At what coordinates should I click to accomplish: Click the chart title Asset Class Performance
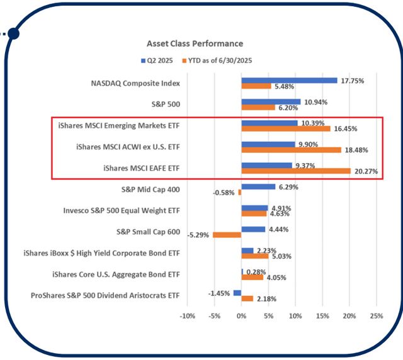coord(195,43)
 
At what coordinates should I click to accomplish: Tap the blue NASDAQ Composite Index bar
coord(289,80)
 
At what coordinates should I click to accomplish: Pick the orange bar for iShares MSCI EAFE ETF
coord(296,171)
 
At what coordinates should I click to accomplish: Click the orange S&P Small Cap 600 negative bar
coord(227,235)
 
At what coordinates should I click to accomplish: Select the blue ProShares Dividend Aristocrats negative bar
coord(237,293)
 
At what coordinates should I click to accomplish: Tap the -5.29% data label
coord(198,235)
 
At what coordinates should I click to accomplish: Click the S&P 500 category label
coord(166,104)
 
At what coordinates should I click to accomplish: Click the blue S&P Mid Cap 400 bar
coord(258,186)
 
